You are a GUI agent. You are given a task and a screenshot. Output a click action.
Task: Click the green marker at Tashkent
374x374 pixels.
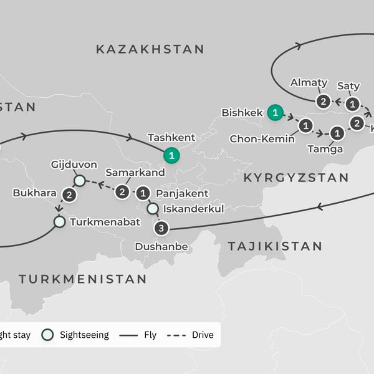click(170, 155)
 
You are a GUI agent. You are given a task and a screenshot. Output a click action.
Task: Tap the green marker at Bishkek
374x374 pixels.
click(274, 113)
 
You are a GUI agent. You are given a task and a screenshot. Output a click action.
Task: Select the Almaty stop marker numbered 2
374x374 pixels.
click(323, 101)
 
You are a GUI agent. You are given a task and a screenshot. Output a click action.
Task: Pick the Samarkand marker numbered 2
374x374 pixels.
click(123, 193)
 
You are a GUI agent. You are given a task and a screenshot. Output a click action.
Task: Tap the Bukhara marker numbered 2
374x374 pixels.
click(70, 195)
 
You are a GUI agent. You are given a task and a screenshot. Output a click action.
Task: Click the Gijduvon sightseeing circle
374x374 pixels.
click(79, 181)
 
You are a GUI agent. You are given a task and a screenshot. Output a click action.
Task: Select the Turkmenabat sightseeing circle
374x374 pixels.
click(59, 221)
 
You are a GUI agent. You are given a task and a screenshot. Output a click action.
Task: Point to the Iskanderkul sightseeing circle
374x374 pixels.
click(152, 209)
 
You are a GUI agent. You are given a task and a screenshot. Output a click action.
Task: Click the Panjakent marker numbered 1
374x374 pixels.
click(144, 193)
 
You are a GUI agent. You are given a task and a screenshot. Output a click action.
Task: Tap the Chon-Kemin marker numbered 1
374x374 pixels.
click(305, 126)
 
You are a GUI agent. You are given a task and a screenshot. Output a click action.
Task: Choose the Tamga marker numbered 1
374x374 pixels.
click(337, 133)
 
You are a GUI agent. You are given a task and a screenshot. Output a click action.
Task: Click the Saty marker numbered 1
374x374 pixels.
click(353, 103)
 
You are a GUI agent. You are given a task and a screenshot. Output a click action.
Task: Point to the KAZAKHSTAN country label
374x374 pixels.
click(150, 49)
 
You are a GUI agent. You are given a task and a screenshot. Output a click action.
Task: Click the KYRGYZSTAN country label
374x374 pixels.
click(296, 178)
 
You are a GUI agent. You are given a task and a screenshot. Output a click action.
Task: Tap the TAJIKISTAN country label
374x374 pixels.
click(275, 246)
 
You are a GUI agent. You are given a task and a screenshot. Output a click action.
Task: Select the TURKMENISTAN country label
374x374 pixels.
click(82, 279)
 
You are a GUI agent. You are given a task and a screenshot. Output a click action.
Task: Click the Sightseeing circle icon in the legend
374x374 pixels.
click(48, 335)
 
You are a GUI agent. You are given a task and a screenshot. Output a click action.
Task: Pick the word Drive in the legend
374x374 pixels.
click(203, 335)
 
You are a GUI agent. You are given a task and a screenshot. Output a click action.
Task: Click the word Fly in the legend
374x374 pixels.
click(151, 335)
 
